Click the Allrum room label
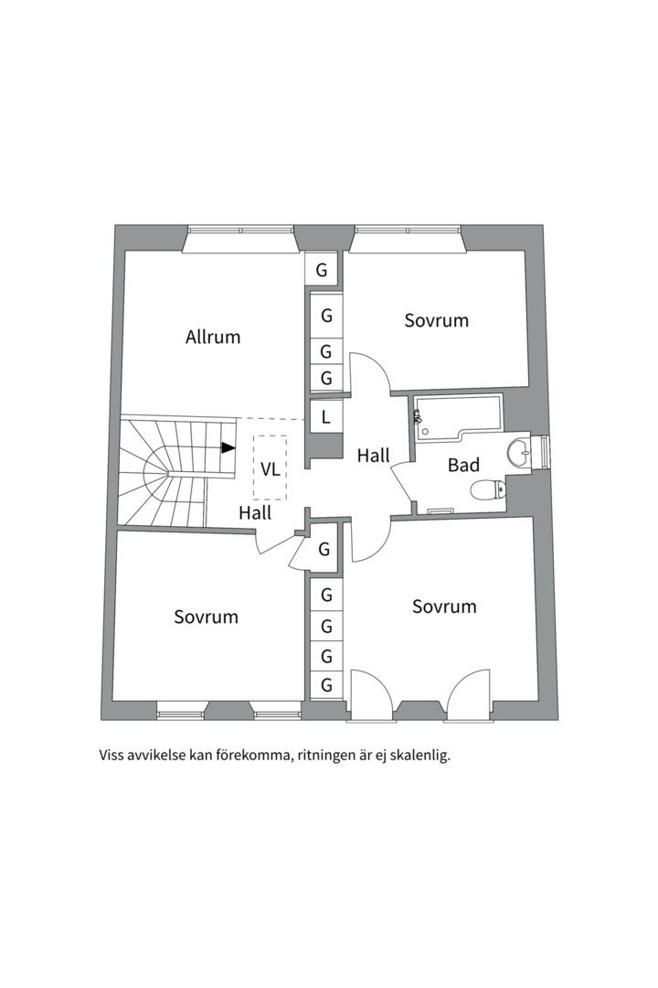(x=213, y=337)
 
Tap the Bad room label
(x=463, y=465)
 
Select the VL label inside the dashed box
(x=271, y=469)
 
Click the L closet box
(x=324, y=418)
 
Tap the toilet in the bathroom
(x=487, y=491)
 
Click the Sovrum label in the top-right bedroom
(x=437, y=320)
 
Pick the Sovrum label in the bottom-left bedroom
(x=206, y=617)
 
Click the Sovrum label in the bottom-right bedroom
(x=444, y=607)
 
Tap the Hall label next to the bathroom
(x=374, y=455)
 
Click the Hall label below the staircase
(x=255, y=513)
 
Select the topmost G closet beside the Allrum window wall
(x=322, y=270)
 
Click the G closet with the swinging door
(x=324, y=550)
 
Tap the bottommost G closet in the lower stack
(x=325, y=685)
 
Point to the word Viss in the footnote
(x=112, y=757)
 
